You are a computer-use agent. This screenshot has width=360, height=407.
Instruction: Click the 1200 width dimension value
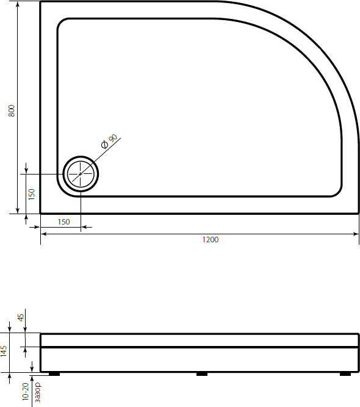click(x=210, y=240)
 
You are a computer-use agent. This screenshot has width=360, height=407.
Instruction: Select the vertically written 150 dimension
click(x=31, y=194)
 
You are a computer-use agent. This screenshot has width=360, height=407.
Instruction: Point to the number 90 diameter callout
click(x=112, y=139)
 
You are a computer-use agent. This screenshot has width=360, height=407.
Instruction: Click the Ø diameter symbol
click(x=104, y=145)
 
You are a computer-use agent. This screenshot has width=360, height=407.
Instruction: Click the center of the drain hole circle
click(x=81, y=173)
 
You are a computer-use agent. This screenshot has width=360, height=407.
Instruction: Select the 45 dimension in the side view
click(x=20, y=317)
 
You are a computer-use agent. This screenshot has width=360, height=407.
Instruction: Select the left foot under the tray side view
click(x=54, y=374)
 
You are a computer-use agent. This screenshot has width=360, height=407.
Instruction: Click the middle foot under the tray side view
click(x=202, y=374)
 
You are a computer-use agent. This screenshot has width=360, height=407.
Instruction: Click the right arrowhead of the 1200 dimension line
click(x=356, y=234)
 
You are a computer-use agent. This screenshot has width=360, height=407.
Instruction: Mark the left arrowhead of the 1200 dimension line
click(x=43, y=234)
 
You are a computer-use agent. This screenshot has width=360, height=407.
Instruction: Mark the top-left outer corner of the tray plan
click(x=41, y=2)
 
